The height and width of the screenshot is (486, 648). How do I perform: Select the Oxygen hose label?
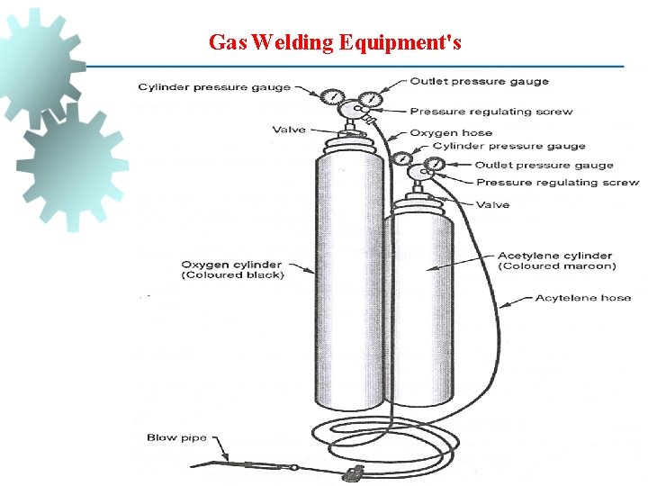(x=451, y=132)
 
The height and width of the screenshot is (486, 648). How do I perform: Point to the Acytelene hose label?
(x=582, y=298)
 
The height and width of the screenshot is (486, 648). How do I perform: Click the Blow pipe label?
(x=176, y=438)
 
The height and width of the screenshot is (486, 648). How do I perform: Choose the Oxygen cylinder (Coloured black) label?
(x=232, y=270)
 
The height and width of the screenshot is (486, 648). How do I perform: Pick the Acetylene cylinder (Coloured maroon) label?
(x=556, y=261)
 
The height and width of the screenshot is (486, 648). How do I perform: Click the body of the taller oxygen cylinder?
(x=346, y=288)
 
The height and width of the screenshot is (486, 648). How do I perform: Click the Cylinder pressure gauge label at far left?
(x=214, y=87)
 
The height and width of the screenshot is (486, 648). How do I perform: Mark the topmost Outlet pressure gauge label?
(x=479, y=81)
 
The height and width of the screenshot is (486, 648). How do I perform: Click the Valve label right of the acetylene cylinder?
(x=492, y=204)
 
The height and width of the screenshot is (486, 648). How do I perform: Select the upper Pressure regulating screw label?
(x=491, y=112)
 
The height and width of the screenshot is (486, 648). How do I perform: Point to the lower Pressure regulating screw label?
(x=557, y=183)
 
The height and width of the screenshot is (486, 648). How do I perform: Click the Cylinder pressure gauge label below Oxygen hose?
(x=508, y=146)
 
